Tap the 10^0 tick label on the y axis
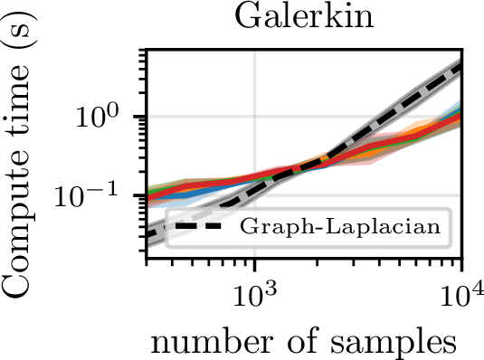click(97, 117)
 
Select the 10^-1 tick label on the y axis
click(86, 194)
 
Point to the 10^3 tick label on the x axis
click(255, 295)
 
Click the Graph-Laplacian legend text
click(340, 227)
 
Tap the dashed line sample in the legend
click(198, 226)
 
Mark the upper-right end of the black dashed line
click(461, 66)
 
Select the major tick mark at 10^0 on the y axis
click(139, 117)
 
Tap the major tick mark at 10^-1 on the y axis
click(139, 195)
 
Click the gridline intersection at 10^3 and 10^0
click(255, 117)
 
